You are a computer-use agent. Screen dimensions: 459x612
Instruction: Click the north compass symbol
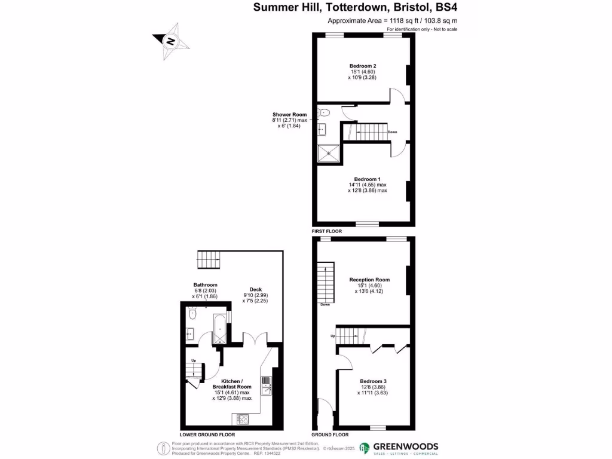(x=171, y=41)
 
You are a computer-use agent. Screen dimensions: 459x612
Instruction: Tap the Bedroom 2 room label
(x=362, y=66)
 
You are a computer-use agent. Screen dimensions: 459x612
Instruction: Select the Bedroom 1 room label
(x=367, y=179)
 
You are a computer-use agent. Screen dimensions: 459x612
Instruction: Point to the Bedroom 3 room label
(x=373, y=381)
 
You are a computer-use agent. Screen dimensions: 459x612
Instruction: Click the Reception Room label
(x=369, y=280)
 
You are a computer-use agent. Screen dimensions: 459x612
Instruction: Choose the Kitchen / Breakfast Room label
(x=231, y=384)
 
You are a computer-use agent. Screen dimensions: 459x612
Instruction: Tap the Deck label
(x=256, y=290)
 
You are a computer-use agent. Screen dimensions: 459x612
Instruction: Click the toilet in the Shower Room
(x=323, y=112)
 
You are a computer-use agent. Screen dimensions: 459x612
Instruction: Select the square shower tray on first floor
(x=329, y=153)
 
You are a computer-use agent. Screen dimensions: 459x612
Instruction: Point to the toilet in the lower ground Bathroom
(x=192, y=314)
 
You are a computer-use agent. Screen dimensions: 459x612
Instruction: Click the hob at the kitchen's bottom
(x=243, y=418)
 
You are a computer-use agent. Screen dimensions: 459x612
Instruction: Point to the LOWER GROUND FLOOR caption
(x=207, y=434)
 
